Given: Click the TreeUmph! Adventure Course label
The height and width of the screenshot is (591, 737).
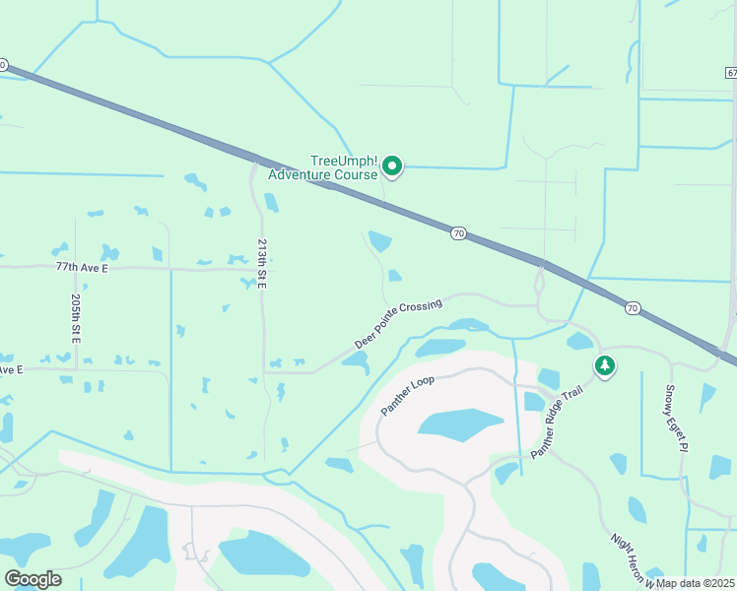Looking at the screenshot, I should pos(344,167).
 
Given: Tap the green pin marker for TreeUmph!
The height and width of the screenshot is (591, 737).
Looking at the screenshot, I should pos(392,166).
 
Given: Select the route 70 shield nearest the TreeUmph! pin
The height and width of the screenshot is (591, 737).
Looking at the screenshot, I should pos(458,233).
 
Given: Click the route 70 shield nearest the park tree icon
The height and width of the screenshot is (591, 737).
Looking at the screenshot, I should pos(632,308).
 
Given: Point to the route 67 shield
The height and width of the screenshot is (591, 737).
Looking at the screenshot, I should pos(731,73).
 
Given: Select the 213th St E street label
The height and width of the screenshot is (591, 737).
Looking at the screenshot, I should pos(262,264).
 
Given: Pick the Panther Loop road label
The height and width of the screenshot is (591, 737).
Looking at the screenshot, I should pos(408,394).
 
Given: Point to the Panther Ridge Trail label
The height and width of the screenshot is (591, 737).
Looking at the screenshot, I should pos(558,422).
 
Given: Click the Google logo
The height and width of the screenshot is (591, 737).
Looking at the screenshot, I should pos(33,578).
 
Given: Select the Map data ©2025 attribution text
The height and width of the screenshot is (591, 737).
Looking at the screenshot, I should pos(696,583).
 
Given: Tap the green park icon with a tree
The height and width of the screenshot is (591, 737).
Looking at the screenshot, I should pos(604,366).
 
